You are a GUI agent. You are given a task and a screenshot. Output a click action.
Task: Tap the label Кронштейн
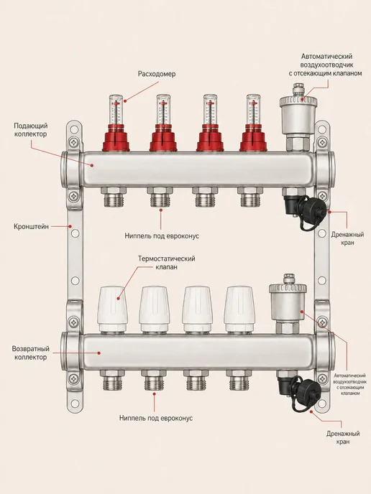[31, 226]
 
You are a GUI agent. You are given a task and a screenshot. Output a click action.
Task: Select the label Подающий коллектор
[31, 130]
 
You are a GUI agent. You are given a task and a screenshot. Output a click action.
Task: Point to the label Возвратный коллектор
[31, 353]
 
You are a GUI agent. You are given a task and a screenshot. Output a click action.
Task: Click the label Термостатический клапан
[167, 263]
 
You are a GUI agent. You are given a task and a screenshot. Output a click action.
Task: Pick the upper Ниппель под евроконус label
[162, 236]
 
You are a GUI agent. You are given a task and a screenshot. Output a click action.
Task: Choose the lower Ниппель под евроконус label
[156, 418]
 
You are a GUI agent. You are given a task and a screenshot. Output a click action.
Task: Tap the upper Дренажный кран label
[347, 238]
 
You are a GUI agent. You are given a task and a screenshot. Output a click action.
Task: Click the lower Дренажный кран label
[343, 437]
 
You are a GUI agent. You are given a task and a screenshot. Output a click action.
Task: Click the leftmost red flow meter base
[116, 138]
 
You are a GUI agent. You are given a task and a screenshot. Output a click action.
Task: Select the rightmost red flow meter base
[253, 138]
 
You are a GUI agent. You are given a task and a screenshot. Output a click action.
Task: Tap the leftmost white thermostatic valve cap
[114, 309]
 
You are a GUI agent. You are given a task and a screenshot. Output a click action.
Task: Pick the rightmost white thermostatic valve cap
[239, 309]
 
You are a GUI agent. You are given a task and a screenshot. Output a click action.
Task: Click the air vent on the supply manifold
[298, 116]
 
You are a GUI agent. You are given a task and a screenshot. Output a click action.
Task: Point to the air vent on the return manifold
[288, 303]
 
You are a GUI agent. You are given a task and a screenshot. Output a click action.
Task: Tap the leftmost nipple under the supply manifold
[114, 197]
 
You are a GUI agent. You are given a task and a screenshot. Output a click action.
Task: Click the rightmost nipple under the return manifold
[239, 380]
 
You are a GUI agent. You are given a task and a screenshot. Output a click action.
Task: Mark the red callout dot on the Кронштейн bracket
[70, 226]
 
